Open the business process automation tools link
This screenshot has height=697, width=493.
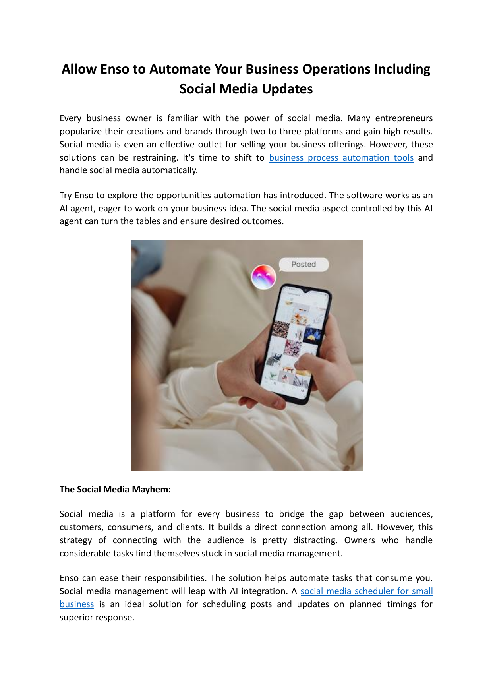click(x=341, y=158)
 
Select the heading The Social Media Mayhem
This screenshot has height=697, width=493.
click(x=115, y=490)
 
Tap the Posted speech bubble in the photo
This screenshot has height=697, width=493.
click(x=304, y=265)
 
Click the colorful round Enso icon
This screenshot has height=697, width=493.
click(x=264, y=277)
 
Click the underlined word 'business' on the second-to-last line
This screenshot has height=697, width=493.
click(x=77, y=604)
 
